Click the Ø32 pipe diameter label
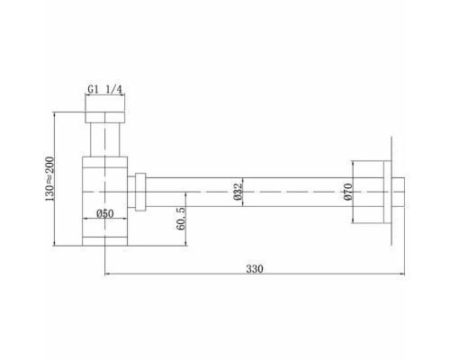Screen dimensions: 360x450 [x=237, y=192]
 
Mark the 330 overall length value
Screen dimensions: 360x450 [x=256, y=268]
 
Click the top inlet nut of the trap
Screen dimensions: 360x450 [x=105, y=117]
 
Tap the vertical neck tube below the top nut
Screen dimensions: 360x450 [x=105, y=140]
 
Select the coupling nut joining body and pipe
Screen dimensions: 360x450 [x=140, y=191]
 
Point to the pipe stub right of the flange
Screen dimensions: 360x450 [x=402, y=191]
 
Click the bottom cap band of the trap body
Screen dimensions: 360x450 [x=105, y=240]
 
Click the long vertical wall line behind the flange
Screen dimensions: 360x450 [x=392, y=191]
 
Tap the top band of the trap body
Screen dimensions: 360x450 [x=105, y=160]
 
